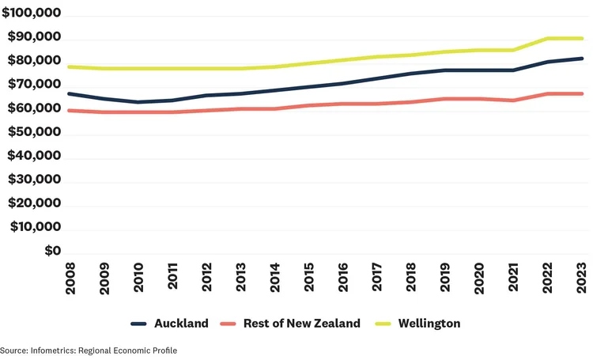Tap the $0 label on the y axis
(x=52, y=251)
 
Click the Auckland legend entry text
(x=182, y=324)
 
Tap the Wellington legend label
(x=429, y=324)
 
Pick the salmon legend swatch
(x=229, y=324)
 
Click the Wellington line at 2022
(x=547, y=38)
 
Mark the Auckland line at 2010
(x=138, y=102)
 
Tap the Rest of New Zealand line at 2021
(x=513, y=100)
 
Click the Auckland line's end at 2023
(x=582, y=59)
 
